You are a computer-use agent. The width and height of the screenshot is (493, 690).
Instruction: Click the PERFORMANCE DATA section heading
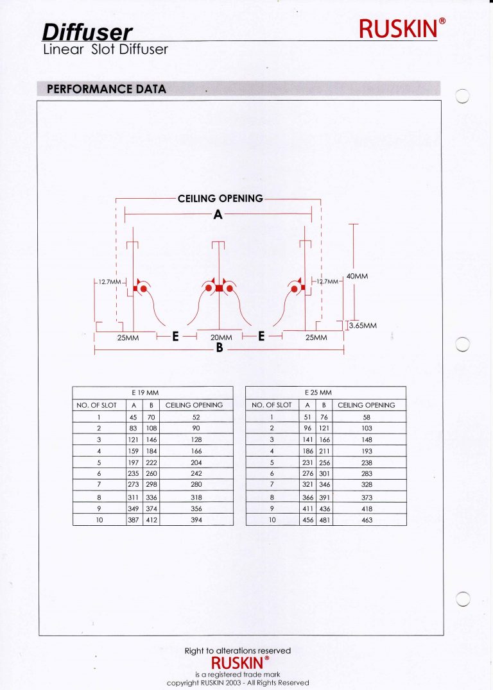(107, 89)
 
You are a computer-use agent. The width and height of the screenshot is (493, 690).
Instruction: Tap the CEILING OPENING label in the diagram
(220, 199)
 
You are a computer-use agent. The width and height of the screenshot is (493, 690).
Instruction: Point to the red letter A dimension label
(218, 215)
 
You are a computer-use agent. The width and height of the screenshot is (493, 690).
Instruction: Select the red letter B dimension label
(219, 349)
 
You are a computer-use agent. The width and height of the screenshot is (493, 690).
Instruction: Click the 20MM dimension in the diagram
(221, 337)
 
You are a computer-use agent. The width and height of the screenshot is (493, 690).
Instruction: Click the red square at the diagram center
(220, 289)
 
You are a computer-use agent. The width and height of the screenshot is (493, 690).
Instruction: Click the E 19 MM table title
(153, 392)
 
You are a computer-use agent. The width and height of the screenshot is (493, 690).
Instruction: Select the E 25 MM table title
(326, 392)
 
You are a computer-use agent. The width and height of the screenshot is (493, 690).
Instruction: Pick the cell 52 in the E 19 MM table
(196, 417)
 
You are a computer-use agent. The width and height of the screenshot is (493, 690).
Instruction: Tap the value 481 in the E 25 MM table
(325, 520)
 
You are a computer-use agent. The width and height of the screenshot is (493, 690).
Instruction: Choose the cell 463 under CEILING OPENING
(367, 520)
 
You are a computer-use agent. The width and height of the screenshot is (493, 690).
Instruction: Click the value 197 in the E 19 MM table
(134, 462)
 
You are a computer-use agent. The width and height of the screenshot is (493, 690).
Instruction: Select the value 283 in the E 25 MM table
(367, 474)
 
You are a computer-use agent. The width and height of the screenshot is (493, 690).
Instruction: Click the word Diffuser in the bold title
(88, 32)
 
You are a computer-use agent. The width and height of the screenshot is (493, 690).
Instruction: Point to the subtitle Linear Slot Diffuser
(105, 49)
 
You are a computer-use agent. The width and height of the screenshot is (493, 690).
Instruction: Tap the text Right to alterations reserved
(238, 651)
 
